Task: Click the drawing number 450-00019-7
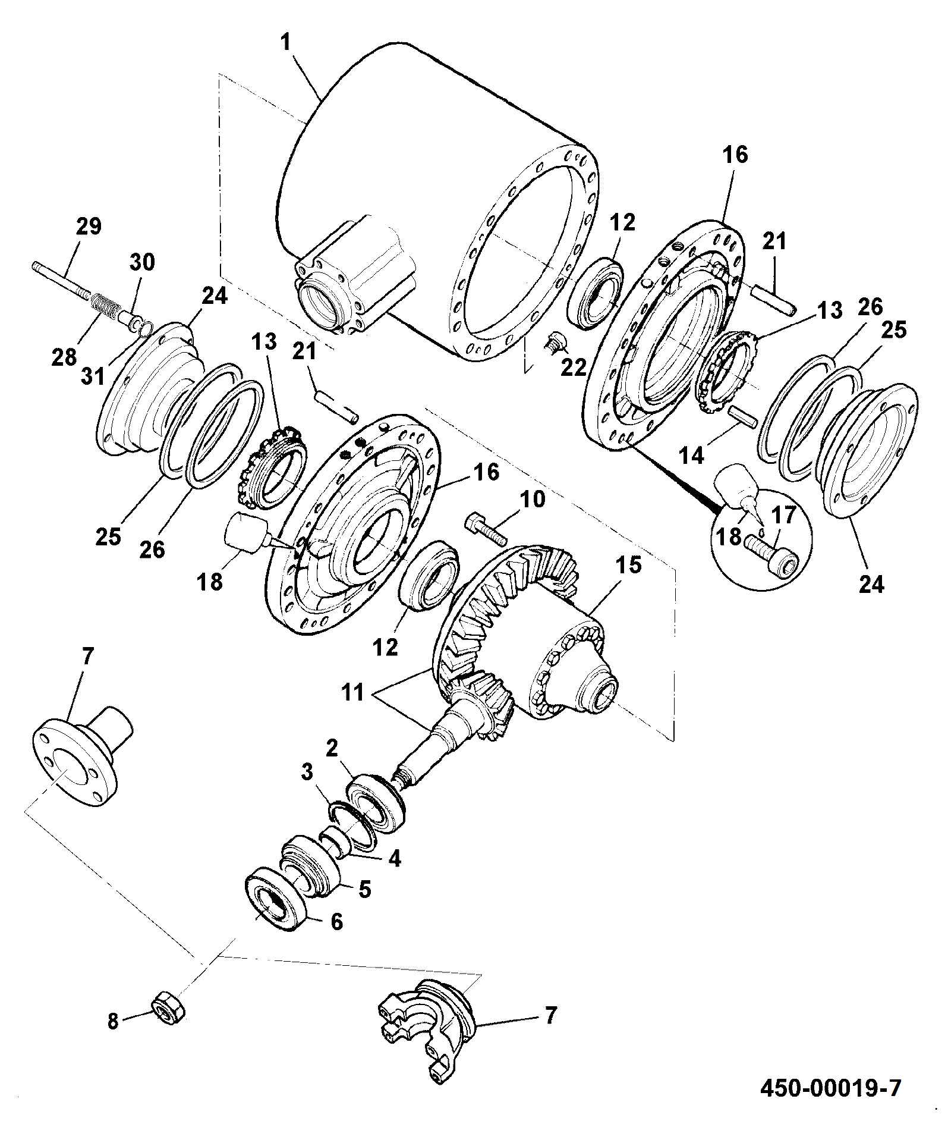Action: [x=831, y=1088]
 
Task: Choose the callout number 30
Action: [x=142, y=262]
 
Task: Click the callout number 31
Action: [x=93, y=376]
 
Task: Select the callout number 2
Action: [x=332, y=747]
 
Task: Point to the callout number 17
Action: [x=784, y=515]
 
